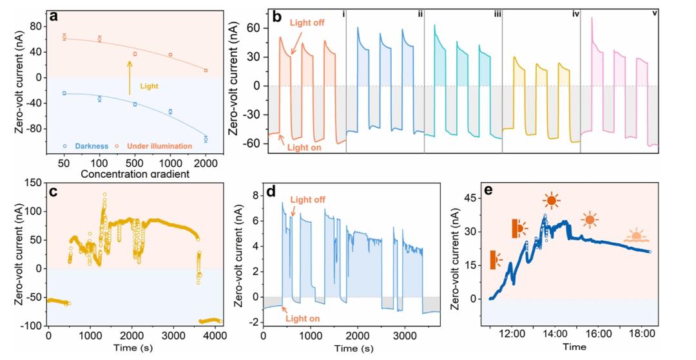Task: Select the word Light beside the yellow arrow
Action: pos(150,85)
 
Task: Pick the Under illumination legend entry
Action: pos(159,146)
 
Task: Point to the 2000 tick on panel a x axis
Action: pos(206,163)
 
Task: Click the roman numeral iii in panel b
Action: pos(498,13)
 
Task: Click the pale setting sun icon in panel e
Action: pos(636,236)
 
